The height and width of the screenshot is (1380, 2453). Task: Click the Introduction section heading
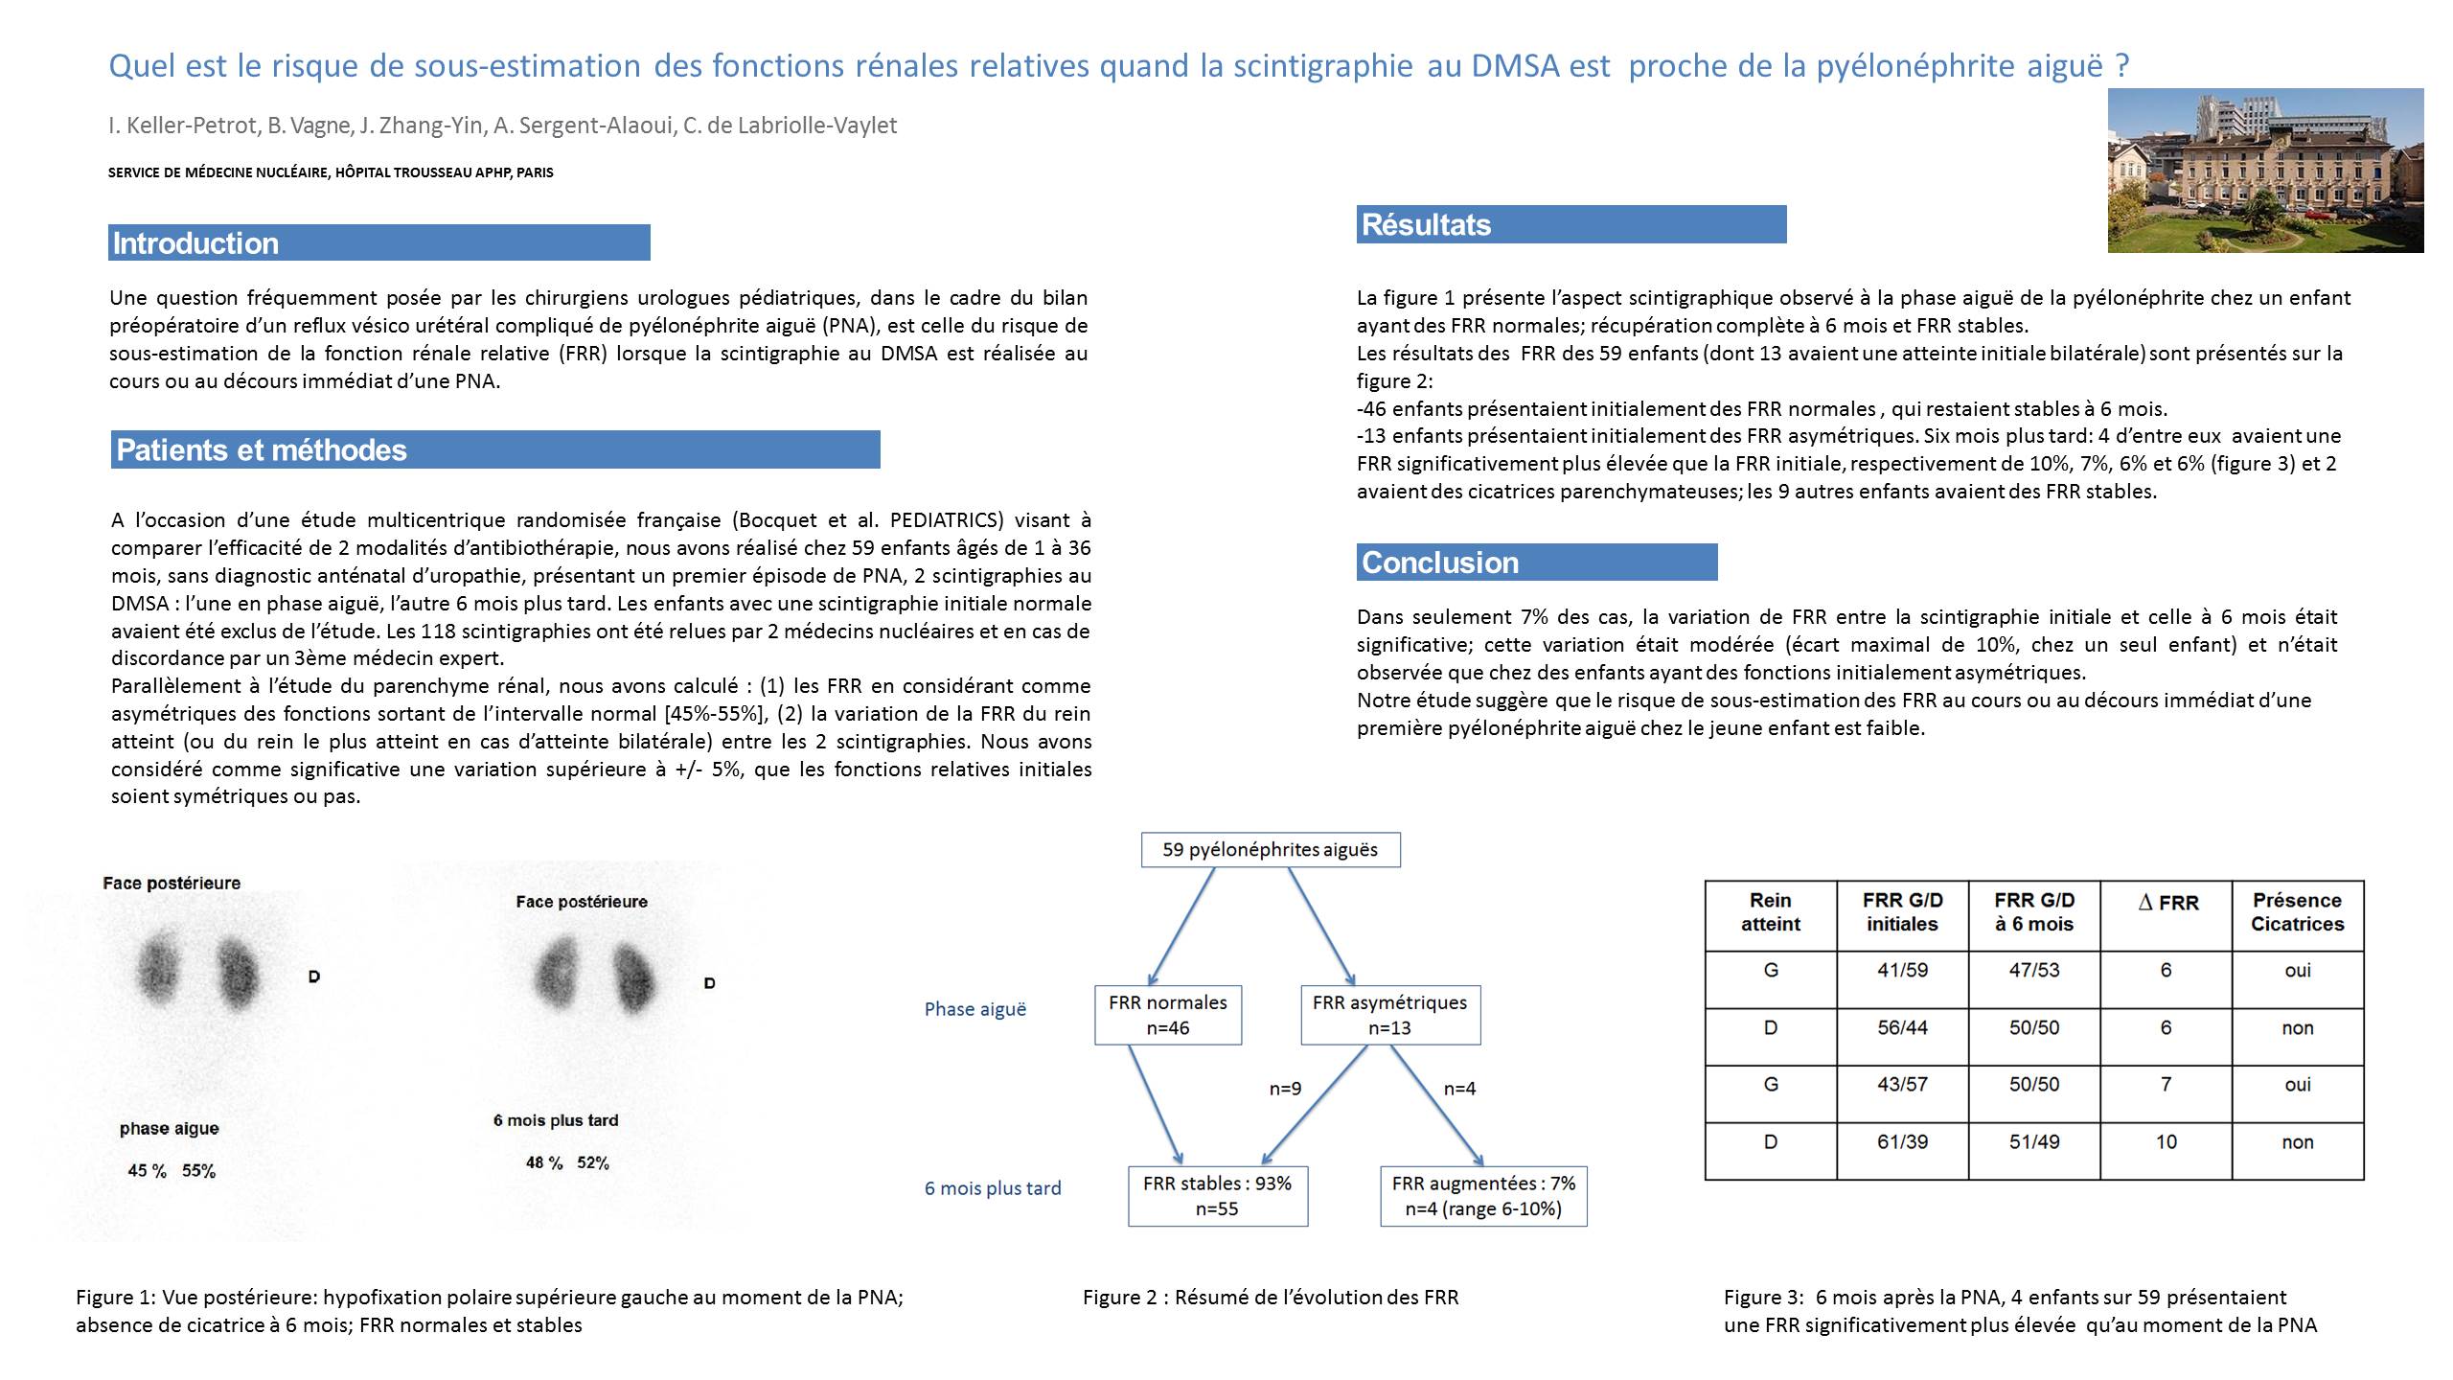click(x=195, y=243)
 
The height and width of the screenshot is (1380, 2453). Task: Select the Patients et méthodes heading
click(x=262, y=450)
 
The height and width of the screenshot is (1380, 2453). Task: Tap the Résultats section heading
click(x=1426, y=225)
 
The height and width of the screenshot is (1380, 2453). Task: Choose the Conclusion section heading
click(x=1440, y=563)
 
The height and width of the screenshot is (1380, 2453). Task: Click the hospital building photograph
click(x=2265, y=171)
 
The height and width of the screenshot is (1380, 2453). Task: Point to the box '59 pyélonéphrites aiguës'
click(x=1270, y=850)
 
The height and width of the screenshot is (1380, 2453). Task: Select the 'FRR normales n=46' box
click(x=1167, y=1015)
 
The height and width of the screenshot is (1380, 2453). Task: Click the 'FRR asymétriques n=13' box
click(x=1389, y=1015)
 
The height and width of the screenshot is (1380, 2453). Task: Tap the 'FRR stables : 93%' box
click(x=1217, y=1196)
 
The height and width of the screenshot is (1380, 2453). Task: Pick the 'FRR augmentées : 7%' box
click(x=1483, y=1196)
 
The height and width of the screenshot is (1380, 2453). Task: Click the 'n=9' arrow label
click(x=1285, y=1089)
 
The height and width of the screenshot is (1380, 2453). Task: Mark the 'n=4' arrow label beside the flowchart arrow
click(x=1459, y=1089)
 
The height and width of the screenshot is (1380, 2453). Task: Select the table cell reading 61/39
click(x=1902, y=1142)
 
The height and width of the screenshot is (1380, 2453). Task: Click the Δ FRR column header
click(x=2167, y=903)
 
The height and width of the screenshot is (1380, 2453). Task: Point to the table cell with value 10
click(x=2166, y=1142)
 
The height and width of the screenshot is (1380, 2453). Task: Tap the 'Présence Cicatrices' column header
click(x=2297, y=912)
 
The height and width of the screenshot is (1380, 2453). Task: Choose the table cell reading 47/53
click(x=2033, y=970)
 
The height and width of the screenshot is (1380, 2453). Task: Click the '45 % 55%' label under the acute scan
click(x=172, y=1171)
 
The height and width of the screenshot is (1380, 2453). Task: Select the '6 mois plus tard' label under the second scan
click(x=556, y=1120)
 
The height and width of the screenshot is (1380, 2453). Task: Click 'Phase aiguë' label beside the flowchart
click(x=974, y=1009)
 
